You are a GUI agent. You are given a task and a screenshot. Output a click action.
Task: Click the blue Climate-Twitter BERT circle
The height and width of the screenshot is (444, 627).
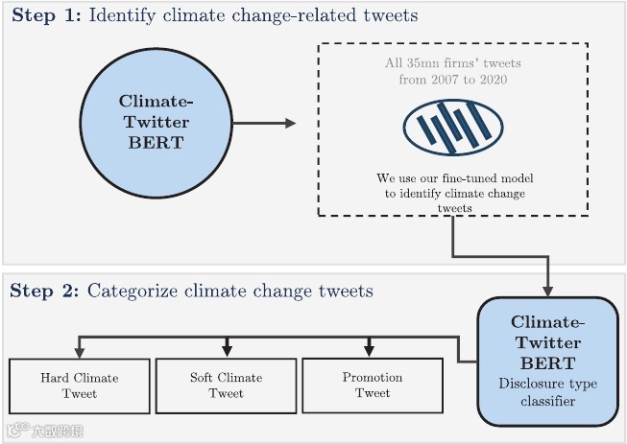155,123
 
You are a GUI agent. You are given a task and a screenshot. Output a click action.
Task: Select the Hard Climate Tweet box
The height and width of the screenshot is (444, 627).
80,385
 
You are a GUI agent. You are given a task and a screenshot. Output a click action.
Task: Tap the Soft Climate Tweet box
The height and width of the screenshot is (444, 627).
226,385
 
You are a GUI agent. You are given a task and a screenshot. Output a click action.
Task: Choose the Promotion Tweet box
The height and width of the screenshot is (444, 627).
373,385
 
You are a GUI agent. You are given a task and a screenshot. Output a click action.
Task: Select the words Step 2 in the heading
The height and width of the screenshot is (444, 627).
45,291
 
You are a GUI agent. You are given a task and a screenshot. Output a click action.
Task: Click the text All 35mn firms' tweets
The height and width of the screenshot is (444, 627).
452,63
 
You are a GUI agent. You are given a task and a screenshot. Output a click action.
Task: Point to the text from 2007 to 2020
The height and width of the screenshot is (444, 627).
452,79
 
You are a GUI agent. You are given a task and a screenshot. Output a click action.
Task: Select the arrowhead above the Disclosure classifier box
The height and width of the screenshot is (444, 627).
548,291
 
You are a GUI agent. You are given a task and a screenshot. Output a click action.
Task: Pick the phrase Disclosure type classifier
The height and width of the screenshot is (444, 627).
548,393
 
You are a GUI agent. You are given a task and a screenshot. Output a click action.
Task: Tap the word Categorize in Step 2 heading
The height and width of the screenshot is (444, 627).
133,291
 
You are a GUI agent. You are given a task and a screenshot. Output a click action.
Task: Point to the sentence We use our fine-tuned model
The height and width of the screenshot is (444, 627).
452,178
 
